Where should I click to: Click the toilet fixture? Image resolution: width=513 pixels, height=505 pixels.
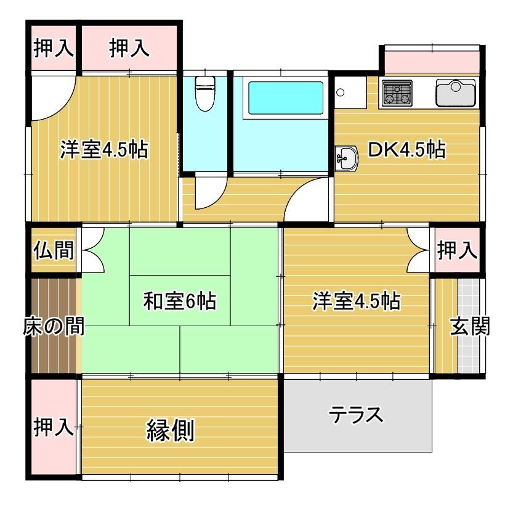tap(205, 94)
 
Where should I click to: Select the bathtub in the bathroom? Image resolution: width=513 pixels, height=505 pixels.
tap(286, 98)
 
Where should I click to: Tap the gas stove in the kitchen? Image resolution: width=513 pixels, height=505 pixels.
tap(397, 93)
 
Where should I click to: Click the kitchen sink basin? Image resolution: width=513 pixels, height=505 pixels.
tap(456, 93)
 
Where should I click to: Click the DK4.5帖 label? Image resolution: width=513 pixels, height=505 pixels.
tap(406, 149)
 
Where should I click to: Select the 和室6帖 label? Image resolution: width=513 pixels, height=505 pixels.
tap(180, 301)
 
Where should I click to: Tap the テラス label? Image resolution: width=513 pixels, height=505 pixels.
tap(355, 414)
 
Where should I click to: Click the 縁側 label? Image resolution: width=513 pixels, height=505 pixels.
tap(171, 430)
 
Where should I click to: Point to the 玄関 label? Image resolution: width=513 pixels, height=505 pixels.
tap(470, 326)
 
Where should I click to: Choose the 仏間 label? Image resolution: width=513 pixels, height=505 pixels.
tap(54, 250)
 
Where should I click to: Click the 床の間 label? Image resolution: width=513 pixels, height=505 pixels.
tap(54, 326)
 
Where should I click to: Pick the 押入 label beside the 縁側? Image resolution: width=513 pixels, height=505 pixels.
tap(54, 426)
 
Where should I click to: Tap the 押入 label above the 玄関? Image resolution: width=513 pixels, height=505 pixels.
tap(458, 250)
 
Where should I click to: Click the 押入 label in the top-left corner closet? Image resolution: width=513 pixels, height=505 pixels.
tap(54, 48)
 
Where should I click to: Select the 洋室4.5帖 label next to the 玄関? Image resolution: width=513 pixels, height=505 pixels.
tap(357, 301)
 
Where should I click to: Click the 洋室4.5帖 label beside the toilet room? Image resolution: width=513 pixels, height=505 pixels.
tap(104, 150)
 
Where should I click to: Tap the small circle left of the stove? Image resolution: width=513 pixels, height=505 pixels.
tap(340, 92)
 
